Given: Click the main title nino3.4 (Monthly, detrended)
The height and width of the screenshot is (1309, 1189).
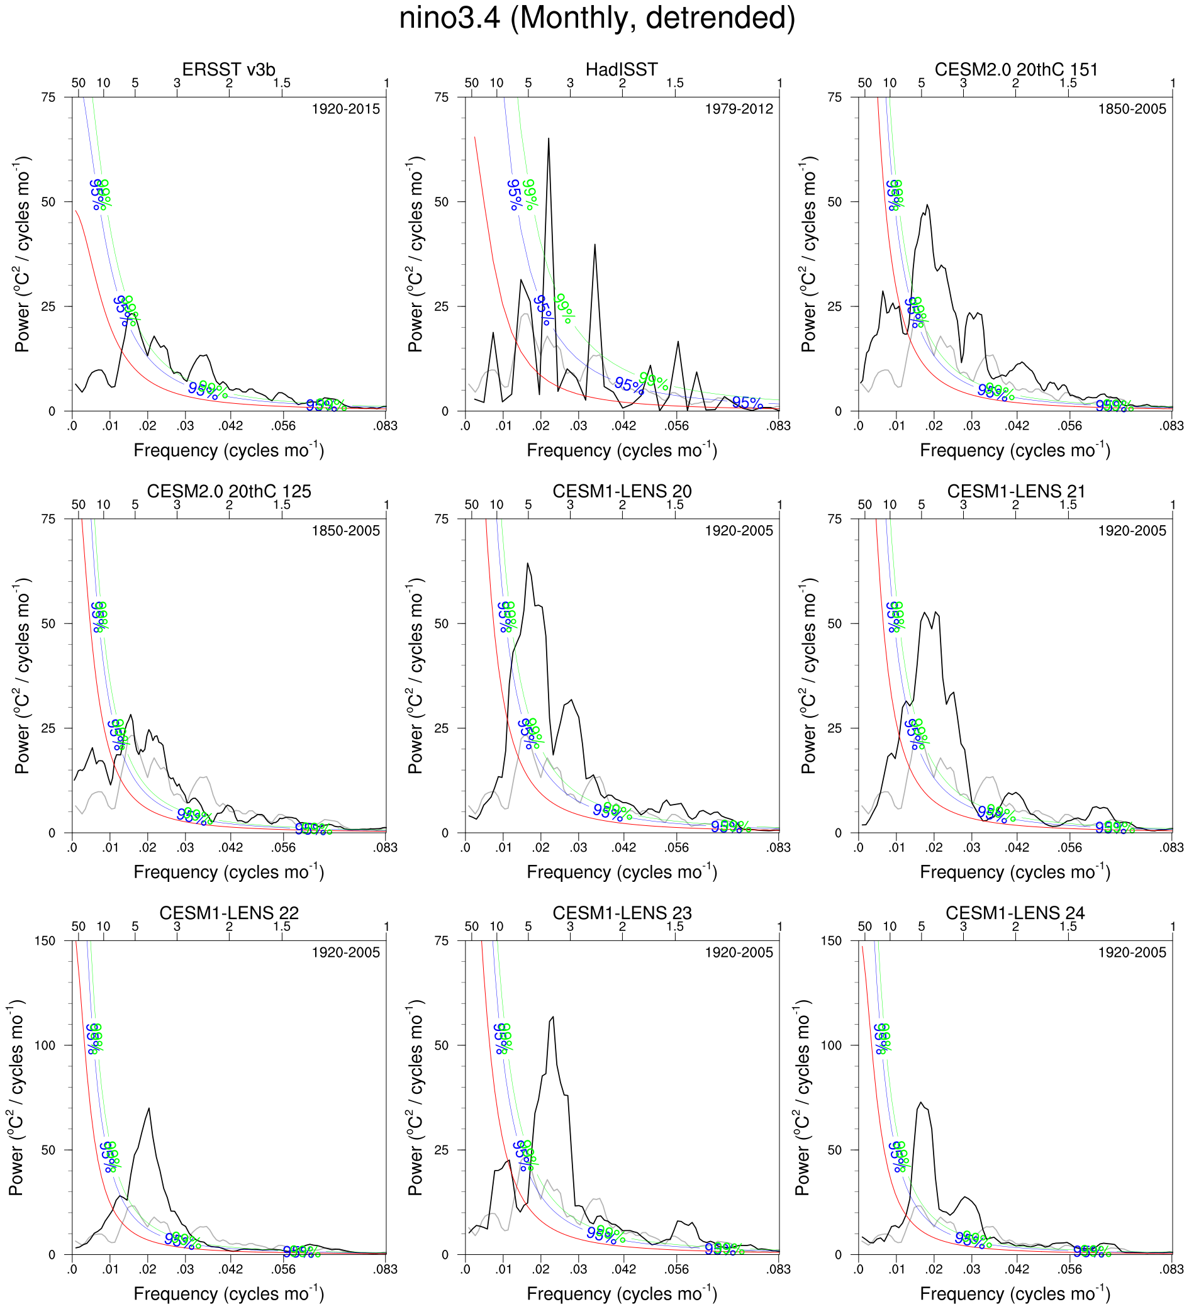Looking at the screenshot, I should click(x=597, y=18).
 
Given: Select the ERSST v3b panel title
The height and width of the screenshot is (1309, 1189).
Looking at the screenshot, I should click(x=228, y=69).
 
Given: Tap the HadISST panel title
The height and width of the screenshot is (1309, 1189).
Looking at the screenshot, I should click(x=622, y=69).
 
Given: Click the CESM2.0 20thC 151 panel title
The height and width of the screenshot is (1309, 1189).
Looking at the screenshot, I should click(x=1015, y=69).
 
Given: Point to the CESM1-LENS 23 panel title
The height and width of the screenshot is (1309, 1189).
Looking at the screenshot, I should click(x=622, y=913).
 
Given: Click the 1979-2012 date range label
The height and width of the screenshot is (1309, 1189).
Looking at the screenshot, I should click(x=739, y=109).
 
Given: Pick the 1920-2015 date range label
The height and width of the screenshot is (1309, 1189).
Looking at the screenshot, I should click(x=345, y=109).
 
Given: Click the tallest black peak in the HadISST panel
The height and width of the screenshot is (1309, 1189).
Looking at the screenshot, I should click(x=549, y=139).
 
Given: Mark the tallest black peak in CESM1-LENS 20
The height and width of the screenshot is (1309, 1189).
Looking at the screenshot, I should click(x=527, y=564).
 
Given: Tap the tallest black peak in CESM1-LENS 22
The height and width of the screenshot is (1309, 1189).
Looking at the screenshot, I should click(x=149, y=1108).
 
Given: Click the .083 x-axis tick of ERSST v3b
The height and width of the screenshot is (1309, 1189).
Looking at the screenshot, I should click(x=385, y=426).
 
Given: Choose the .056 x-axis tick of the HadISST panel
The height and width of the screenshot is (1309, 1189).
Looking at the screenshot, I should click(x=677, y=426).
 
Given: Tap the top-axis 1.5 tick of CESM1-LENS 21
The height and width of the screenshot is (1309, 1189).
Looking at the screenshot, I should click(x=1068, y=505).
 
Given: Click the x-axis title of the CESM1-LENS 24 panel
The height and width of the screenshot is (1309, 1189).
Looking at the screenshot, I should click(x=1015, y=1293).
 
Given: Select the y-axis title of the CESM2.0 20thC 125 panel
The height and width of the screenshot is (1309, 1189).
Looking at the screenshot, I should click(x=23, y=676).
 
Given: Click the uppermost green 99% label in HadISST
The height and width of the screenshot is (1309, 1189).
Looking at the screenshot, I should click(x=530, y=195).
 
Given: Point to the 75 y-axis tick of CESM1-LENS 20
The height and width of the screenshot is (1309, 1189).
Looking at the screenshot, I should click(x=442, y=519).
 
